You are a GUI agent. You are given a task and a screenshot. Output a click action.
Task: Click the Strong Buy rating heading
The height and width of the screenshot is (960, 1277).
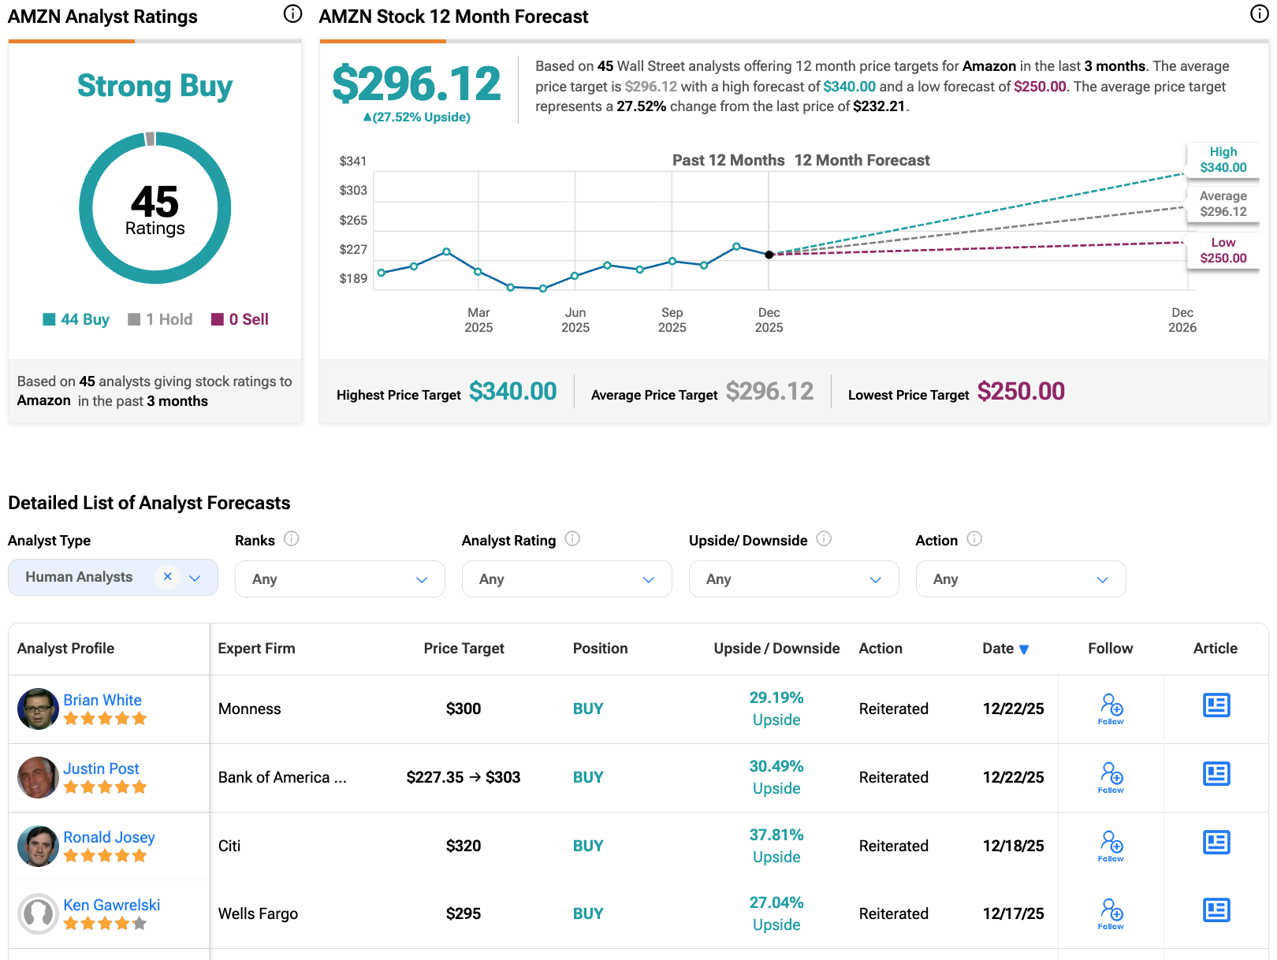point(155,86)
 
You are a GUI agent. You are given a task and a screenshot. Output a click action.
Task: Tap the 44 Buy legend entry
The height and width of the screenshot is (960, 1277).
point(76,319)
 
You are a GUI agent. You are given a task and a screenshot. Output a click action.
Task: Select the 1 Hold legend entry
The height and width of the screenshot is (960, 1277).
point(160,319)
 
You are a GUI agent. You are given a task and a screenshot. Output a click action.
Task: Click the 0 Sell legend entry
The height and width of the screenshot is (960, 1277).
point(240,319)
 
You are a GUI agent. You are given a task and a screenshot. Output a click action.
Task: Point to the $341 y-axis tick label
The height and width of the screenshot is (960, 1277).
point(352,161)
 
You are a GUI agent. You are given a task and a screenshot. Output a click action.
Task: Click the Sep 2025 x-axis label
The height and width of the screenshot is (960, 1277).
point(672,320)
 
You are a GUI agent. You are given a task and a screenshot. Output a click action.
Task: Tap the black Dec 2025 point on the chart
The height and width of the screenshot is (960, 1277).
point(769,255)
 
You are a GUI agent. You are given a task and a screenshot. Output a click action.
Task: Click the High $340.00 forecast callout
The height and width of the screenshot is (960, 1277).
point(1223,159)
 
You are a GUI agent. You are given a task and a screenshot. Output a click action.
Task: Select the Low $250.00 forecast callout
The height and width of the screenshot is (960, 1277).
point(1223,250)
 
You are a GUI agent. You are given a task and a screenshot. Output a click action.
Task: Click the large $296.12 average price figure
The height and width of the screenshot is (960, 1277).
point(416,84)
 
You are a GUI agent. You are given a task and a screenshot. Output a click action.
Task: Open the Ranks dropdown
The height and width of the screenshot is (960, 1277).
point(340,579)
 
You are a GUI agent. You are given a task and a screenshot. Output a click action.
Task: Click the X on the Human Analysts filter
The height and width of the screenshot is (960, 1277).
point(167,576)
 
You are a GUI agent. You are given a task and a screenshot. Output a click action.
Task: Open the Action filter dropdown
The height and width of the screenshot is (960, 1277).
point(1020,579)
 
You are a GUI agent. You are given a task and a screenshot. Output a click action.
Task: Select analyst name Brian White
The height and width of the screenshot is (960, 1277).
point(102,700)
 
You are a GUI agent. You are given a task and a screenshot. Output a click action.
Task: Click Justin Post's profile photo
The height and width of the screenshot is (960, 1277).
point(38,777)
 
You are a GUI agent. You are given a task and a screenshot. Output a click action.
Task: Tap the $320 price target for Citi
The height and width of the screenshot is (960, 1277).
point(464,846)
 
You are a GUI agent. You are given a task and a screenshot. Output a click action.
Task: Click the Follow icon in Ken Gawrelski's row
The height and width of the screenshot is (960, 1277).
point(1111,913)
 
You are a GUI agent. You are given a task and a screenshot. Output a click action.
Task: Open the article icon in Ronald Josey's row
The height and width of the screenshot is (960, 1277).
point(1216,843)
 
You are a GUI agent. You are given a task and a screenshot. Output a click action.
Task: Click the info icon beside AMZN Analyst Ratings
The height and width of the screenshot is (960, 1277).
point(292,13)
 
